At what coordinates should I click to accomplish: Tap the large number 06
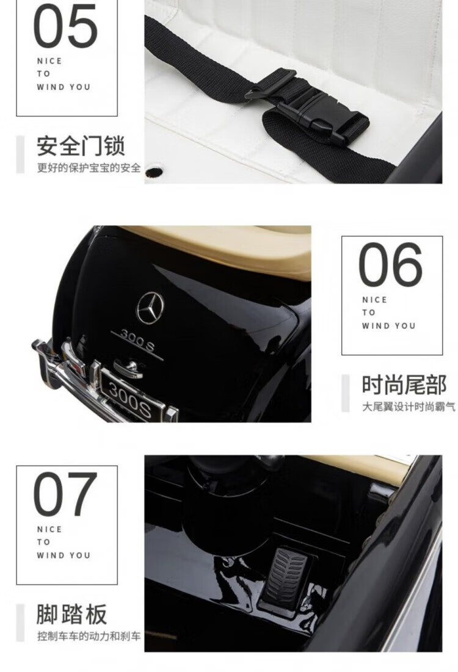coord(390,264)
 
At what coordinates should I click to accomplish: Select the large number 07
coord(65,494)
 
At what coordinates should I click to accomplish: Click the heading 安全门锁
coord(81,146)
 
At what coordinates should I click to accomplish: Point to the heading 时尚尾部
coord(404,385)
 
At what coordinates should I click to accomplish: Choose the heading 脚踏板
coord(71,614)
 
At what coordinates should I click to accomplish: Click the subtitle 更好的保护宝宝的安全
coord(89,168)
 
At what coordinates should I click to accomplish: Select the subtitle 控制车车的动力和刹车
coord(89,636)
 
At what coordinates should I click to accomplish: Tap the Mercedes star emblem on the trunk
coord(150,308)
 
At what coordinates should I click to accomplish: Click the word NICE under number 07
coord(49,529)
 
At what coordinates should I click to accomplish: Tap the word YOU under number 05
coord(80,87)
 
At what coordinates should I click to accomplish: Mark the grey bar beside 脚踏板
coord(20,623)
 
